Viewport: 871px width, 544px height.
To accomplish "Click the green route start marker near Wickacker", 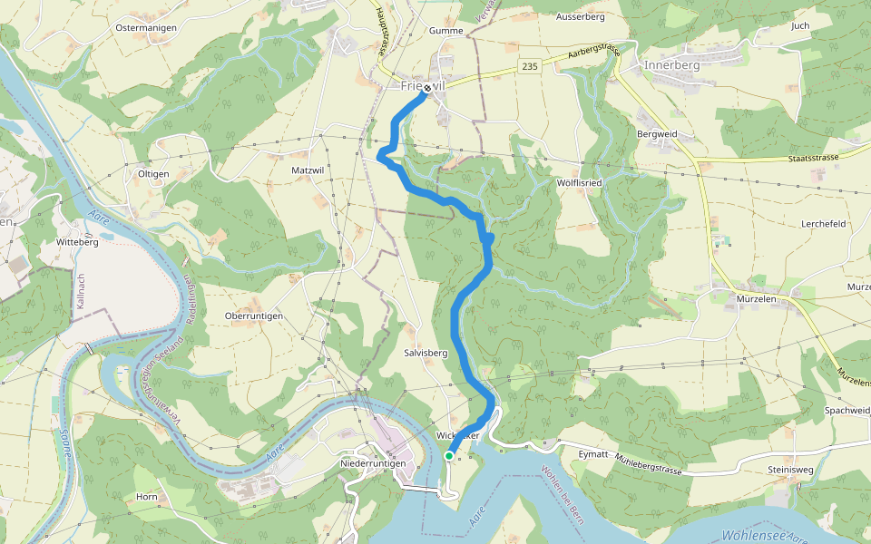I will point(449,456).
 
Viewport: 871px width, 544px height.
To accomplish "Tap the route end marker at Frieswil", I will point(426,88).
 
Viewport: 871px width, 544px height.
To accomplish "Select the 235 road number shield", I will point(531,66).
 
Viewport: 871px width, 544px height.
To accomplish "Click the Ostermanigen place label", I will point(145,28).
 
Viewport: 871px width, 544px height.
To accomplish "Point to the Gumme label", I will point(446,31).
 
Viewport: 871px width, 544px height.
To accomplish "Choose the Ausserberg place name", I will point(581,17).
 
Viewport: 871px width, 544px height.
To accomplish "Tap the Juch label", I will point(799,26).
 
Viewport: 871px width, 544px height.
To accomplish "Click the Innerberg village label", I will point(672,66).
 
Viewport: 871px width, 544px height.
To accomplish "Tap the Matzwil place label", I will point(308,170).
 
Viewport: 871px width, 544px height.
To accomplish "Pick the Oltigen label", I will point(153,173).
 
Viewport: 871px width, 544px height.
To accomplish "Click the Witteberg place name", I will point(77,242).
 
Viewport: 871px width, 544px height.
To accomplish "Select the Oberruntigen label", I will point(253,316).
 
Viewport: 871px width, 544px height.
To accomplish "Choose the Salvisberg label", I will point(426,353).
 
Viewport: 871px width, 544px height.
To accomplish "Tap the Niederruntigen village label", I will point(373,463).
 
